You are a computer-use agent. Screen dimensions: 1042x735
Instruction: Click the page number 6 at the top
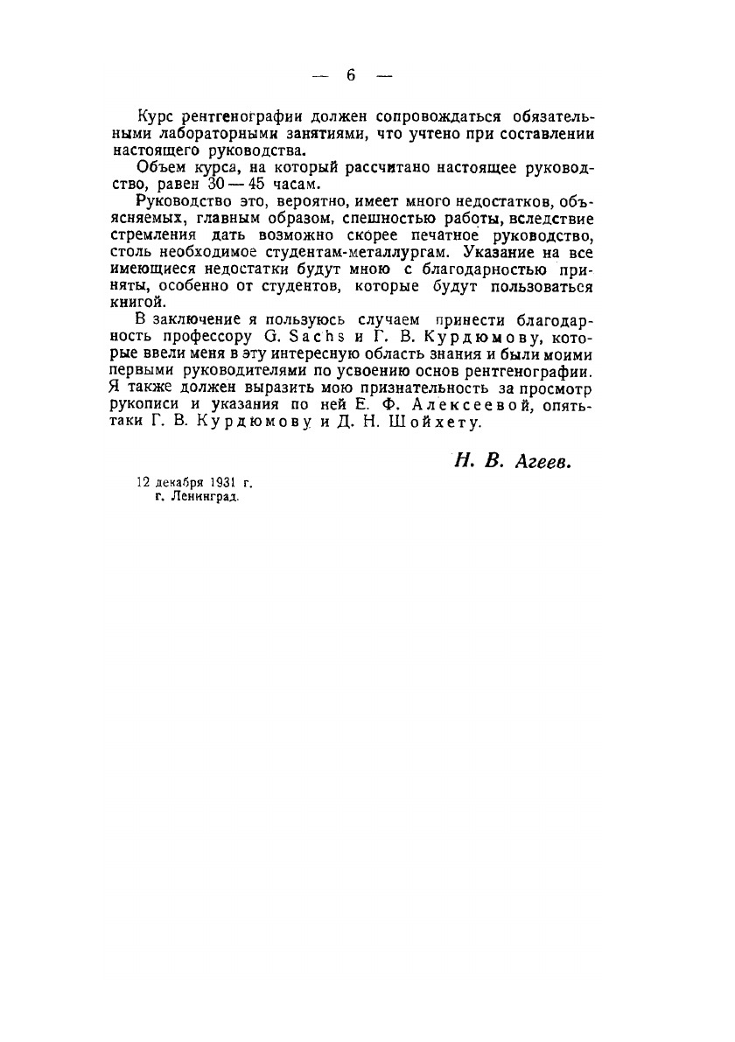350,75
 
